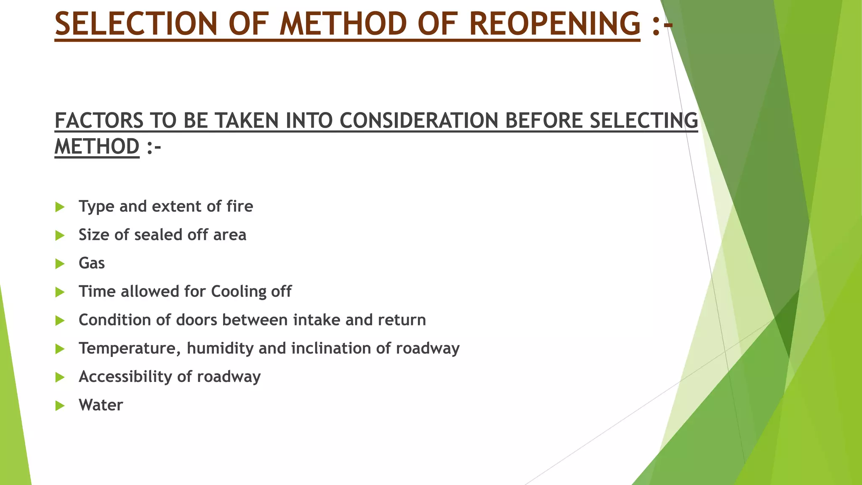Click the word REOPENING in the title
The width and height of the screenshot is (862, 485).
tap(554, 24)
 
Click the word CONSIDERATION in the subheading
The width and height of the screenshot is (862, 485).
tap(419, 121)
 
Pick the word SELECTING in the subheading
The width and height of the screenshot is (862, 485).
tap(644, 121)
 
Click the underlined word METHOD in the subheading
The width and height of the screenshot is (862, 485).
tap(97, 147)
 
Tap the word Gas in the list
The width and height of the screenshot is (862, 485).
tap(92, 263)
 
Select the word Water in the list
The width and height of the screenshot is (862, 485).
tap(101, 405)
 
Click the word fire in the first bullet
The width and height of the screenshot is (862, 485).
tap(239, 206)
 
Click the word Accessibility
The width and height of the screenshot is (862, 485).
tap(125, 377)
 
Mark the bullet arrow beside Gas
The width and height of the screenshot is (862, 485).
tap(60, 264)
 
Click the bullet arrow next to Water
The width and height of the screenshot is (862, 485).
tap(60, 406)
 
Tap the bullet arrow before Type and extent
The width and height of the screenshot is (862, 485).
tap(60, 207)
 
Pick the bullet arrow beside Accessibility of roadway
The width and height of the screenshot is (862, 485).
tap(60, 377)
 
